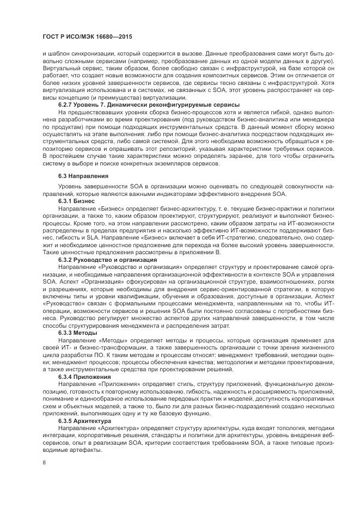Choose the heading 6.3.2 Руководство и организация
click(100, 260)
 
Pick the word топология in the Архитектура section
click(279, 429)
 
